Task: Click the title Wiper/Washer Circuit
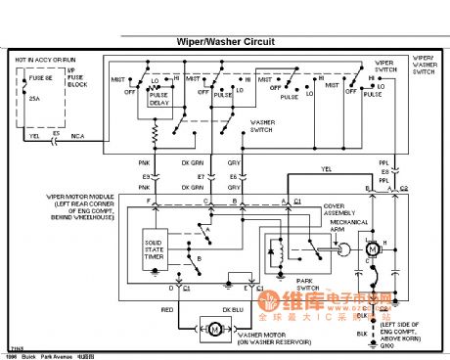point(224,42)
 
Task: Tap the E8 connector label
point(233,176)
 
